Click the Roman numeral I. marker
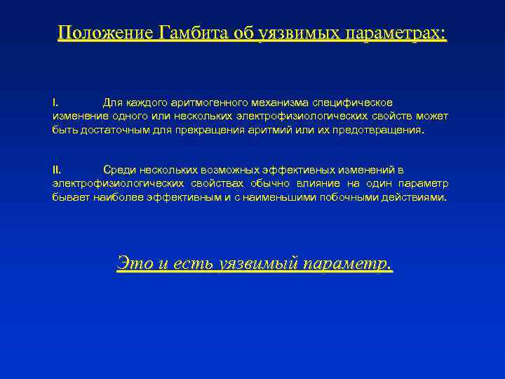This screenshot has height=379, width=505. pos(55,103)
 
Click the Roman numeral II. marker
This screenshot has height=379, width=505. pos(57,171)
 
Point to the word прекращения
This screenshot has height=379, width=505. pos(200,130)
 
